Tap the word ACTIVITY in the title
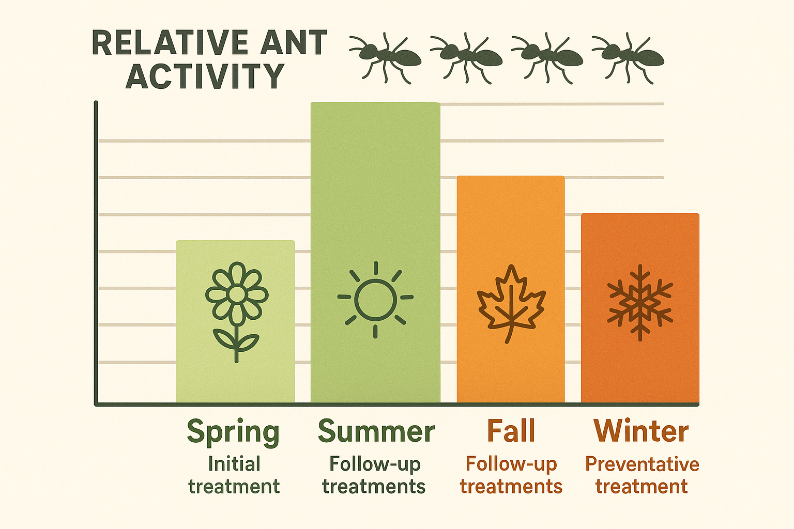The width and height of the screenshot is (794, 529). click(x=205, y=77)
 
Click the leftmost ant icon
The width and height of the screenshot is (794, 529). click(x=386, y=57)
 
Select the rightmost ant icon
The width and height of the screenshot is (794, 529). click(x=628, y=57)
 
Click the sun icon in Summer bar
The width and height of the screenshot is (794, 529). click(x=375, y=299)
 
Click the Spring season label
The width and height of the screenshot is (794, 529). click(x=233, y=432)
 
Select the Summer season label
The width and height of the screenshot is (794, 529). click(x=376, y=431)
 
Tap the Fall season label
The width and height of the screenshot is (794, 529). click(x=511, y=431)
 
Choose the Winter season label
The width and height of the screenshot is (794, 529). click(x=641, y=431)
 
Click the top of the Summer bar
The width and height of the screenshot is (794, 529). click(x=375, y=103)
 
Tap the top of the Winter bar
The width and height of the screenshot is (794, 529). click(x=640, y=214)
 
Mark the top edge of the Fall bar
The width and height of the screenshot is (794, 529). click(x=511, y=177)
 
